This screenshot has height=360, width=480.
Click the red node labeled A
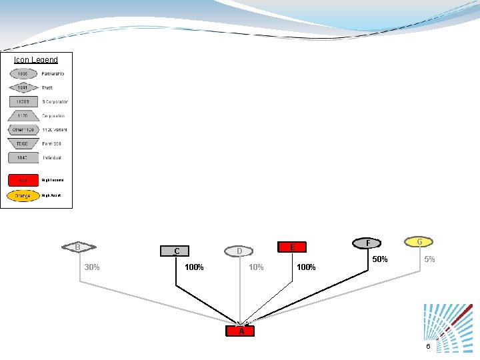(x=241, y=331)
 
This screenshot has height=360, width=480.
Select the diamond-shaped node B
(x=78, y=247)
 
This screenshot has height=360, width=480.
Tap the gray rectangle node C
(x=176, y=251)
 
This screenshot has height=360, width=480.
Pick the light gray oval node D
(x=239, y=251)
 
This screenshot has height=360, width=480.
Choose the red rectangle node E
(x=292, y=247)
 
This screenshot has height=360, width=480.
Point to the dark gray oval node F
(x=369, y=243)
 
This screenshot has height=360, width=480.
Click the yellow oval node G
(x=419, y=241)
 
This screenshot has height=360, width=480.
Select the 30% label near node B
(x=92, y=267)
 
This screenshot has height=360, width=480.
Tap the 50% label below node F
(x=380, y=259)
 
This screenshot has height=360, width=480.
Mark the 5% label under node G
(x=429, y=259)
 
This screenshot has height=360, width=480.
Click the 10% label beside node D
(x=255, y=267)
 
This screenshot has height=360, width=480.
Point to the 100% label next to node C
(x=194, y=267)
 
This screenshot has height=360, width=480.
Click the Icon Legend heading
(x=36, y=60)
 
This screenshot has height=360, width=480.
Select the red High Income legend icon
(x=23, y=180)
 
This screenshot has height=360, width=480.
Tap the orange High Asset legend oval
(x=23, y=196)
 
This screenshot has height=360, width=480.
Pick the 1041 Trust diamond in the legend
(x=23, y=87)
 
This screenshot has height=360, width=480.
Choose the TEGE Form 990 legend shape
(x=23, y=143)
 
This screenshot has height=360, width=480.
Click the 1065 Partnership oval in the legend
(x=23, y=73)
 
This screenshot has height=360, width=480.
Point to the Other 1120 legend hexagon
(x=23, y=129)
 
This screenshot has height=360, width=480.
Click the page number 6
(x=428, y=347)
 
